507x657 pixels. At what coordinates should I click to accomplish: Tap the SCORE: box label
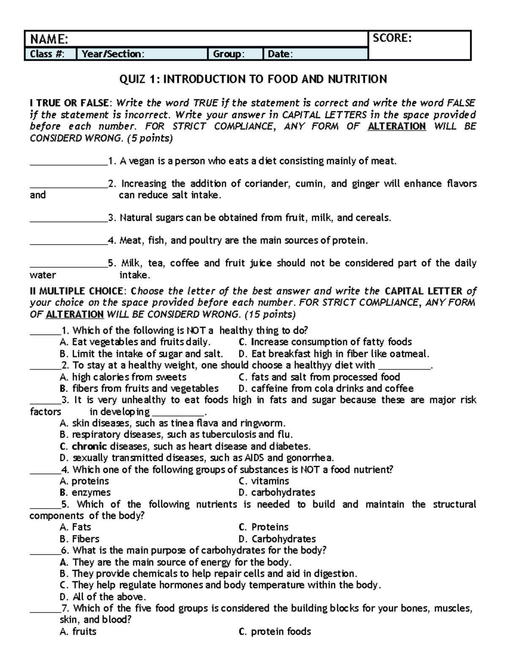tap(392, 38)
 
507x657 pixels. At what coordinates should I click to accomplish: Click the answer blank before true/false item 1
tap(68, 161)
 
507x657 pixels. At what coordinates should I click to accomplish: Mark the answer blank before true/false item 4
tap(68, 241)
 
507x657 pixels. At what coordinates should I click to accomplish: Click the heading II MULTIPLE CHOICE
tap(77, 291)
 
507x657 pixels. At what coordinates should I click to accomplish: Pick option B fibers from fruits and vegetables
tap(139, 388)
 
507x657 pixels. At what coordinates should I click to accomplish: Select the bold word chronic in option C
tap(89, 446)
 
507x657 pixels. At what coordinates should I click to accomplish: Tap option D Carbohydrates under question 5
tap(277, 539)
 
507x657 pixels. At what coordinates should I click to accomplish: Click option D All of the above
tap(103, 597)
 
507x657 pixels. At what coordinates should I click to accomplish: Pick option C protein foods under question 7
tap(275, 632)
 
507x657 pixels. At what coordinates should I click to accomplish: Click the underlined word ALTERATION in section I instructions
tap(397, 126)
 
